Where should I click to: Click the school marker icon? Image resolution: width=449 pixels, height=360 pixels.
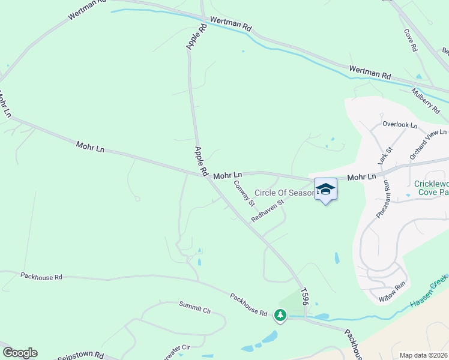point(325,190)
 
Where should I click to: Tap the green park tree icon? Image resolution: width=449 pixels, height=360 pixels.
point(280,314)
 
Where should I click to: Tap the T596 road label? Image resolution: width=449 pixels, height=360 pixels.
point(305,297)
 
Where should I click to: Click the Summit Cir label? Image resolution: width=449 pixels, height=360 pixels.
point(195,307)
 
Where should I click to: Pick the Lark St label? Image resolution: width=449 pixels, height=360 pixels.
point(385,156)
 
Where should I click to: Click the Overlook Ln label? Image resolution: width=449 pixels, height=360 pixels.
point(400,125)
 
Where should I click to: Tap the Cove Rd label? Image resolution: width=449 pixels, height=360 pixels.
point(411,40)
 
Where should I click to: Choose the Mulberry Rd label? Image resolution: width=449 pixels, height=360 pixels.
point(426,100)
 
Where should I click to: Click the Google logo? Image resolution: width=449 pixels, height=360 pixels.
point(20,353)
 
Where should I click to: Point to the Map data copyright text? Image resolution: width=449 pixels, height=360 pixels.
point(424,355)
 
